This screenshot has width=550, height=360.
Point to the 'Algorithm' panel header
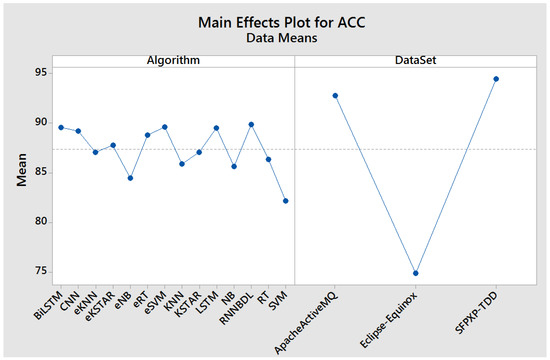coord(174,61)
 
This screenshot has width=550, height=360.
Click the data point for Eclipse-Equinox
coord(415,273)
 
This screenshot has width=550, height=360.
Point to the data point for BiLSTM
coord(61,127)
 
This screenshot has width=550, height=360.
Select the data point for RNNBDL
coord(251,124)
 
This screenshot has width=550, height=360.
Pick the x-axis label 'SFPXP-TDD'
coord(478,309)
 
